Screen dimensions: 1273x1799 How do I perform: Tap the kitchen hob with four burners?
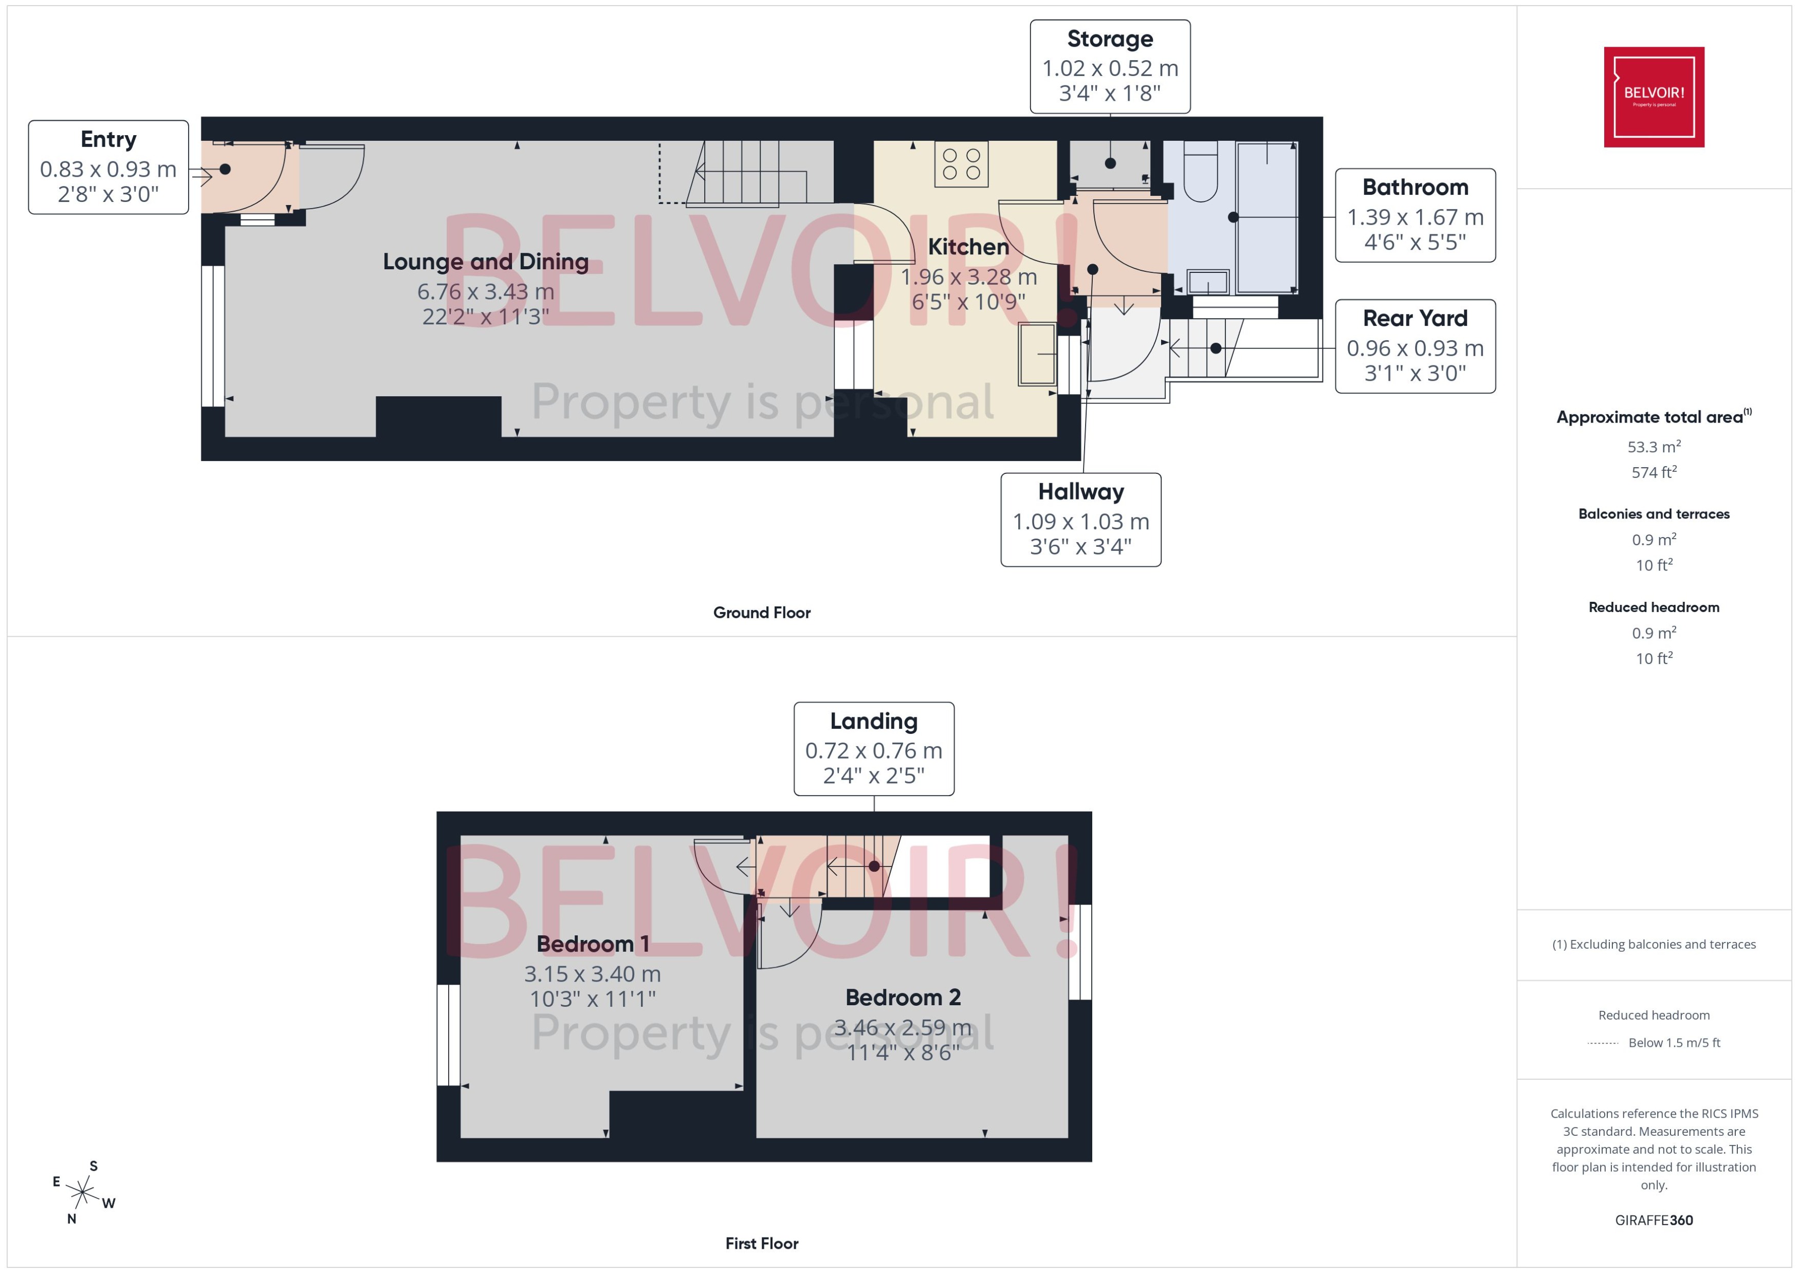point(961,164)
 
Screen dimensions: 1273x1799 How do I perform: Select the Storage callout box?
point(1109,67)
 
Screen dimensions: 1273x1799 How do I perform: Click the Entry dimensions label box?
point(108,167)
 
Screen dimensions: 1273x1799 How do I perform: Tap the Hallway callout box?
point(1080,519)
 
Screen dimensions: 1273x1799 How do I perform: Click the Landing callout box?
point(873,749)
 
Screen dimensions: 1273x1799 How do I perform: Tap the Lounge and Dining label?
point(485,262)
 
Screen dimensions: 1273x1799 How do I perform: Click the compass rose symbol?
point(82,1192)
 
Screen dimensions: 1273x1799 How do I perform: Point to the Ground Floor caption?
point(761,612)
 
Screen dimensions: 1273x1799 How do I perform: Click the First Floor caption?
point(761,1243)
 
